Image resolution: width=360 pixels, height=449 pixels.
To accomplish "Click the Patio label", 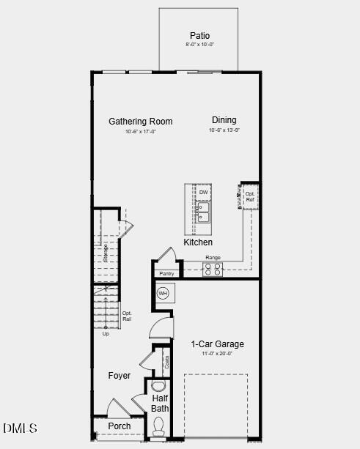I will click(x=199, y=35).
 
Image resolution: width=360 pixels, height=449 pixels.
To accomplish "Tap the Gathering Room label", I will click(x=141, y=122).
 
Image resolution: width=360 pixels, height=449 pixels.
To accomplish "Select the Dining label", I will click(x=224, y=120).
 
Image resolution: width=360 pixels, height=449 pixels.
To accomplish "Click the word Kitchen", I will click(x=198, y=242).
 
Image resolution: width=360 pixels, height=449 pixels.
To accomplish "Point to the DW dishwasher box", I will click(x=204, y=193).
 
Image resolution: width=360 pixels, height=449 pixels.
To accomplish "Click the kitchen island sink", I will click(x=204, y=212).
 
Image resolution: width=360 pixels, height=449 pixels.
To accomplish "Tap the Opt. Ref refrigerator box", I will click(x=250, y=197).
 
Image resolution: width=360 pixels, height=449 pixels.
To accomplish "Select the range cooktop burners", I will click(x=213, y=269).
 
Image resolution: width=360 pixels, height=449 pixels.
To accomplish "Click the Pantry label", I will click(x=166, y=274).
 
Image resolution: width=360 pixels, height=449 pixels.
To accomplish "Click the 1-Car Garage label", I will click(x=218, y=344).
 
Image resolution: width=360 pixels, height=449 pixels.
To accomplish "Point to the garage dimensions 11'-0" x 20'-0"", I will click(x=218, y=354).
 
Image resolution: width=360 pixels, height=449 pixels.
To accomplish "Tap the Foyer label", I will click(x=120, y=376).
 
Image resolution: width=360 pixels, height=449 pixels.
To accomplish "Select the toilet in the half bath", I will click(x=159, y=426).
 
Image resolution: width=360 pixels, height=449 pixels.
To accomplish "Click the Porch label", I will click(x=120, y=426).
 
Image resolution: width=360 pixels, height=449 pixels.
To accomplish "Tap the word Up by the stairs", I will click(x=106, y=334).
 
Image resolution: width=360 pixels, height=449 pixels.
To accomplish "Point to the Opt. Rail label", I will click(x=127, y=316).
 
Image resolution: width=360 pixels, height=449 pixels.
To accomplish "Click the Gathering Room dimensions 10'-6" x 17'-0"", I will click(x=141, y=132).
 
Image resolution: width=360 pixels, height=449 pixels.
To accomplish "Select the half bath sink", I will click(x=158, y=386).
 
